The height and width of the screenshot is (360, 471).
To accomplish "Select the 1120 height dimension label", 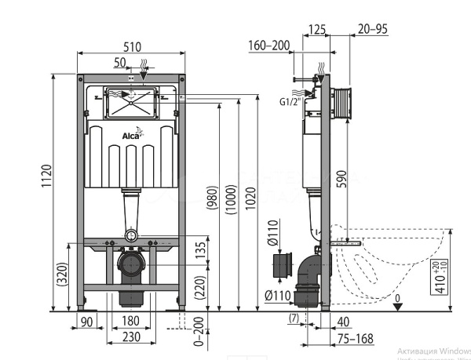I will click(46, 180).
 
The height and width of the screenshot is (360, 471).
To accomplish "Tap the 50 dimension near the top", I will click(119, 62).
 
